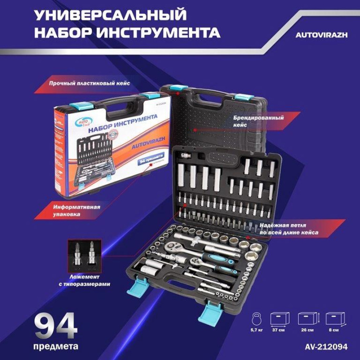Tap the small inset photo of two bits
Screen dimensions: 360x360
(84, 255)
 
